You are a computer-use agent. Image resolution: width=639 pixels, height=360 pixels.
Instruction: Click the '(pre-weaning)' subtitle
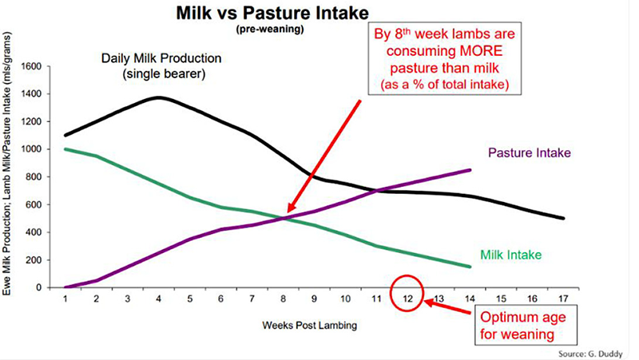click(x=264, y=30)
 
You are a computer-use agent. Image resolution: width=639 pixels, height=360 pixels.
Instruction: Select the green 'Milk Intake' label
click(x=510, y=255)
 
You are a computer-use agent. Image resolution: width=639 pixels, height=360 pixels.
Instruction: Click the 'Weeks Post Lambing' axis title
click(x=305, y=326)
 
